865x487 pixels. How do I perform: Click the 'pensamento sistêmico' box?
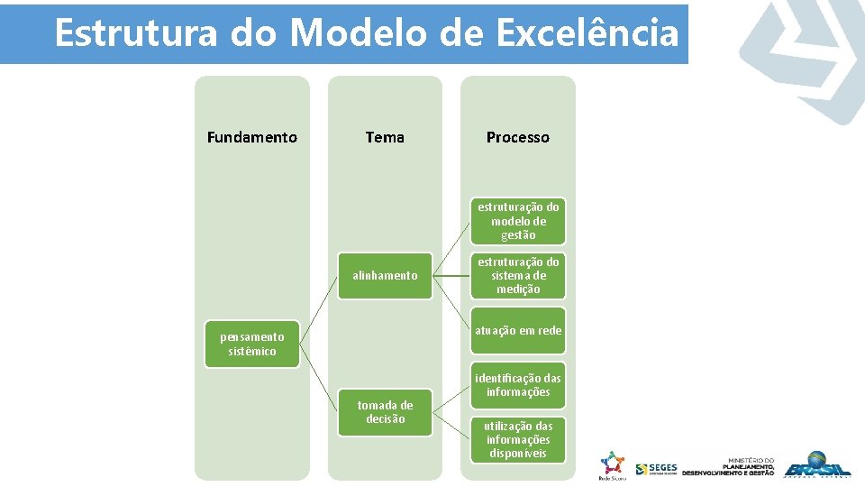(251, 344)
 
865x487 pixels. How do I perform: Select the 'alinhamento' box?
(385, 275)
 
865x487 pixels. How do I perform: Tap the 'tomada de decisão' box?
(385, 412)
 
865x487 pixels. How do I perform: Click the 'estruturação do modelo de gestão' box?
(518, 221)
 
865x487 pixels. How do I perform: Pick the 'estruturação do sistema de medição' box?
(518, 275)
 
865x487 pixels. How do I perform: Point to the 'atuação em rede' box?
(518, 330)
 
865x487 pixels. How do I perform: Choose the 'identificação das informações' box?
(518, 385)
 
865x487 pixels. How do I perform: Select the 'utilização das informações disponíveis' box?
(518, 439)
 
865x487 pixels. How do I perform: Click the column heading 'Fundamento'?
(251, 137)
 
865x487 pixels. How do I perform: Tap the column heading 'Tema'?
(385, 137)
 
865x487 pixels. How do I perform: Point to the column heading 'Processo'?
(517, 137)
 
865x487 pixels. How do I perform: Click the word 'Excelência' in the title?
(586, 33)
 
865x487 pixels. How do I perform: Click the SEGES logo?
(656, 469)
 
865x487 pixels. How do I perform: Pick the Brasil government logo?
(816, 465)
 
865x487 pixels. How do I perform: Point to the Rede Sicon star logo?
(612, 464)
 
